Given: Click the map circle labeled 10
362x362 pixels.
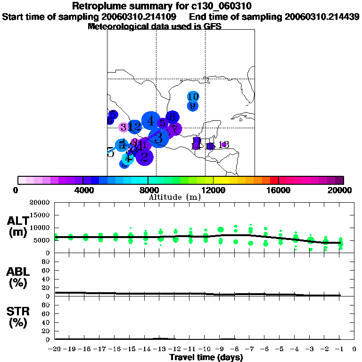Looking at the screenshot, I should [x=193, y=97].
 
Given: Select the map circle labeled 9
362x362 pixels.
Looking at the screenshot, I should [x=192, y=106].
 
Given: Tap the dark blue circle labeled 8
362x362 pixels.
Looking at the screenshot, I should [x=173, y=117].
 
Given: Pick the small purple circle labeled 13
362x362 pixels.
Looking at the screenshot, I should [x=224, y=145].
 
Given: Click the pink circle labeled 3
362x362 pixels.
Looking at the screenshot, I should [x=123, y=127].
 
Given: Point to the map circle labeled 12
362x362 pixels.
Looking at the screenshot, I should [x=135, y=126].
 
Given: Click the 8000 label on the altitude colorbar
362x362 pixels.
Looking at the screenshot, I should [x=148, y=190].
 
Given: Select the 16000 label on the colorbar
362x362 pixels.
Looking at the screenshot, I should [x=279, y=190].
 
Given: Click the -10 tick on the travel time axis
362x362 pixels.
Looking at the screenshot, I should [x=205, y=349].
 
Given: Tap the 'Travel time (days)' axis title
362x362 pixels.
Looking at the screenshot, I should [x=206, y=358].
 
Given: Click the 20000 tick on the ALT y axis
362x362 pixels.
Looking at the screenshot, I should [x=40, y=203].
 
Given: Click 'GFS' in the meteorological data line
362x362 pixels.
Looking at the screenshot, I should [x=213, y=26].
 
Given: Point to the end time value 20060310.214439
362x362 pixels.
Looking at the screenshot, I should [x=322, y=16].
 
